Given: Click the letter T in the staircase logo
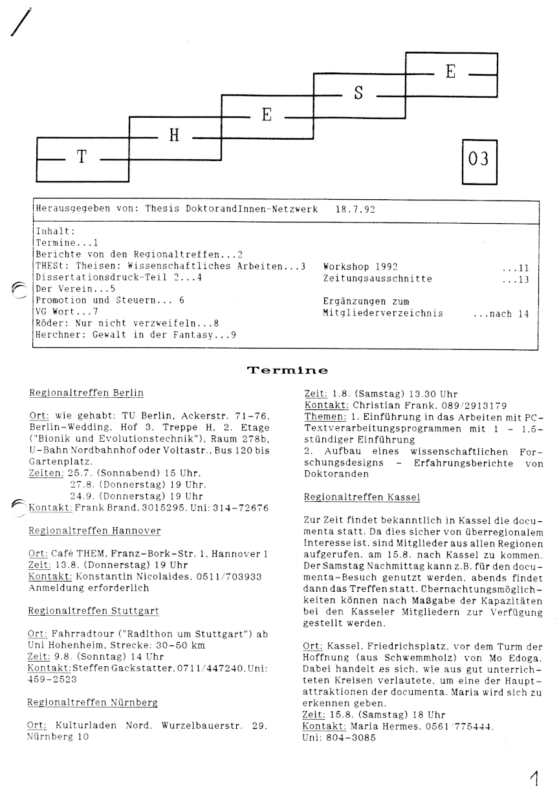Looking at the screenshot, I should tap(82, 157).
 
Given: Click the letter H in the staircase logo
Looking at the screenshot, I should tap(173, 136).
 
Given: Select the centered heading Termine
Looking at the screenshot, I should tap(287, 371).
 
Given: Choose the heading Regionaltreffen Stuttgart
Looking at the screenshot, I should tap(94, 611).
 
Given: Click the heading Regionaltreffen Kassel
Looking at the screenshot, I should tap(362, 497).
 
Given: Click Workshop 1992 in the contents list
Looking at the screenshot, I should tap(360, 266).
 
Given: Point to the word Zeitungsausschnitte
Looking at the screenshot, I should tap(377, 279).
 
